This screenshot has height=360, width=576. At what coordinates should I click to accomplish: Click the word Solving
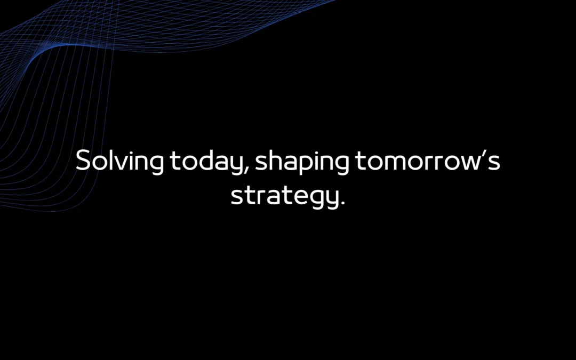[x=120, y=161]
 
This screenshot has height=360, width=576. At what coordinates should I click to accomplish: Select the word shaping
[x=302, y=161]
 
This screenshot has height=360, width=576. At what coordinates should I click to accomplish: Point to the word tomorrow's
[x=427, y=161]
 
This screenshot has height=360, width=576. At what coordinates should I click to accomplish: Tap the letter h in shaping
[x=274, y=161]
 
